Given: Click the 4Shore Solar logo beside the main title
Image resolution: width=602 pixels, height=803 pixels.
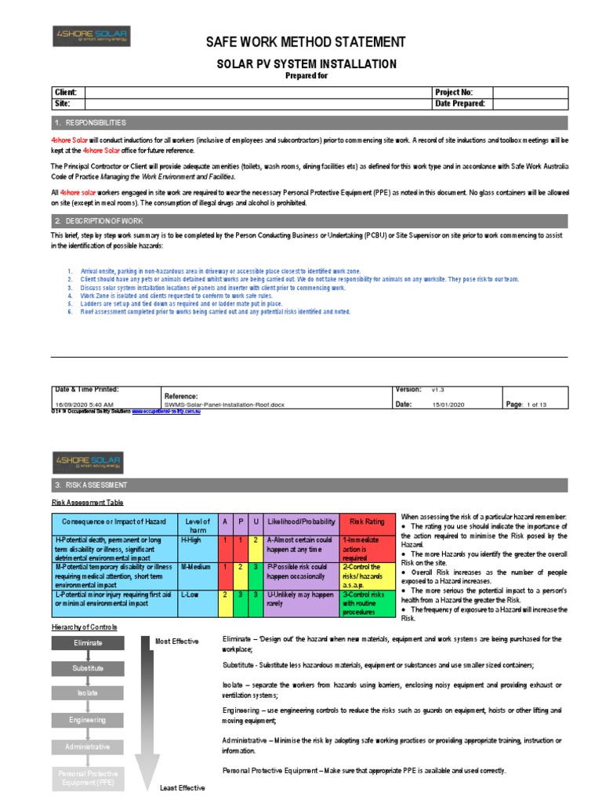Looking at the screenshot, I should pyautogui.click(x=92, y=36).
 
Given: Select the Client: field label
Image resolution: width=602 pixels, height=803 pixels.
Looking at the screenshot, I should pyautogui.click(x=64, y=92).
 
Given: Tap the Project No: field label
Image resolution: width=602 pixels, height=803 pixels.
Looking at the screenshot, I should pyautogui.click(x=453, y=92).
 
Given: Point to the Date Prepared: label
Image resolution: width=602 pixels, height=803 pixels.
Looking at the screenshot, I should pyautogui.click(x=459, y=104).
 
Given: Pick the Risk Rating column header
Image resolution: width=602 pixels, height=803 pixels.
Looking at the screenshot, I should pyautogui.click(x=367, y=521).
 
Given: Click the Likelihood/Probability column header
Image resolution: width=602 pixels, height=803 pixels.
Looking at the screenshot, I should pyautogui.click(x=302, y=521).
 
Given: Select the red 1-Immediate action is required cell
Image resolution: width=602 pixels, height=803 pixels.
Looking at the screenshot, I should pyautogui.click(x=367, y=549).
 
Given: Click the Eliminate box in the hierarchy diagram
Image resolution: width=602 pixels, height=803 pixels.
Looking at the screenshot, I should pyautogui.click(x=88, y=642).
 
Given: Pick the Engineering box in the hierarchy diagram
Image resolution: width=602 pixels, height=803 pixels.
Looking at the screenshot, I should pyautogui.click(x=88, y=719).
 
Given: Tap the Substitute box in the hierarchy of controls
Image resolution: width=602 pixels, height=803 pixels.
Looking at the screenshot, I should pyautogui.click(x=88, y=668).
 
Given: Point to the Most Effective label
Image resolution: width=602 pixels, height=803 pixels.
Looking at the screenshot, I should pyautogui.click(x=176, y=641).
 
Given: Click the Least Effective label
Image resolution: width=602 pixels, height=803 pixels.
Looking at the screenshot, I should pyautogui.click(x=183, y=787).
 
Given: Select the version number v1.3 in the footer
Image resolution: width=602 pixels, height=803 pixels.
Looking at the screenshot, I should pyautogui.click(x=438, y=388).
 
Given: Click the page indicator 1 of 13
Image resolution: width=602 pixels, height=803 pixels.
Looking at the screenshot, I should pyautogui.click(x=536, y=404).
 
